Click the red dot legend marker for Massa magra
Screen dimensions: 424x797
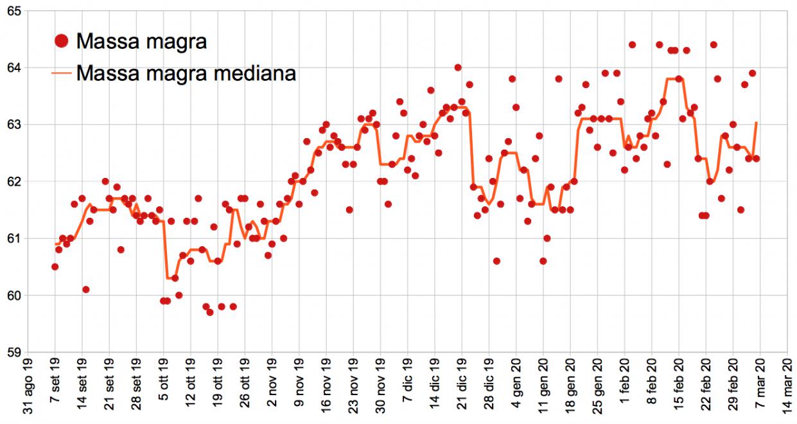[x=62, y=42]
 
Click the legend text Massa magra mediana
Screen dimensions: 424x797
[x=186, y=73]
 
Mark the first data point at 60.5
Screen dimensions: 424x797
[x=55, y=267]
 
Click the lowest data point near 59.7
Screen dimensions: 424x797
[x=210, y=312]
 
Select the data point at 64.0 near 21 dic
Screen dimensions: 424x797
[x=458, y=67]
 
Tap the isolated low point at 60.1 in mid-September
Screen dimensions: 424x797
[x=86, y=290]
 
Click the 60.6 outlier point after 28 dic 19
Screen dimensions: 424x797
[x=496, y=261]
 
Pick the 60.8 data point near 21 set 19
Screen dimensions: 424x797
[x=121, y=249]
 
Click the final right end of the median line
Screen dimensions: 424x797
[x=757, y=122]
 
